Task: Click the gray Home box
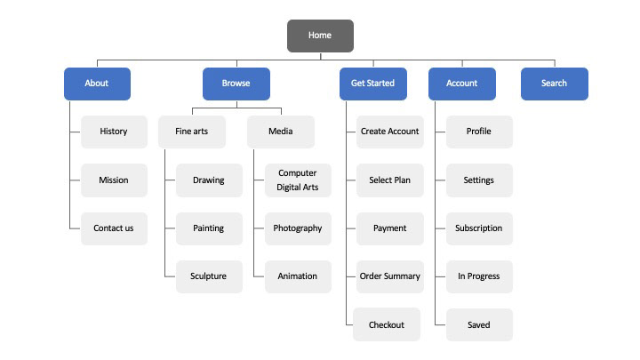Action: click(x=320, y=36)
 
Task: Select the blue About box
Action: click(x=97, y=84)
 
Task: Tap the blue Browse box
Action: click(x=236, y=84)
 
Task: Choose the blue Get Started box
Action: click(x=373, y=84)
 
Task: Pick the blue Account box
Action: click(x=462, y=84)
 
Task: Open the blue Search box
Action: click(x=555, y=84)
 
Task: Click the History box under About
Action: click(x=114, y=132)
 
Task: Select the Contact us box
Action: click(x=114, y=228)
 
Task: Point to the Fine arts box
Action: click(x=192, y=132)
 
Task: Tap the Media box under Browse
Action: click(x=281, y=132)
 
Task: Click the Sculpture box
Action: click(x=209, y=276)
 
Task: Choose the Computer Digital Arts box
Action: click(x=298, y=180)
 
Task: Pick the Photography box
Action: click(x=298, y=228)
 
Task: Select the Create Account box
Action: click(x=390, y=132)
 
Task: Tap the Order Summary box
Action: click(x=390, y=276)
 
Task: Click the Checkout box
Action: click(x=387, y=324)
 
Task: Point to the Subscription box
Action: click(x=479, y=228)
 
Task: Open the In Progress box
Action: click(x=479, y=276)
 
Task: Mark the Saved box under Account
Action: click(x=479, y=325)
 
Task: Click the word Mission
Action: click(x=114, y=180)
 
